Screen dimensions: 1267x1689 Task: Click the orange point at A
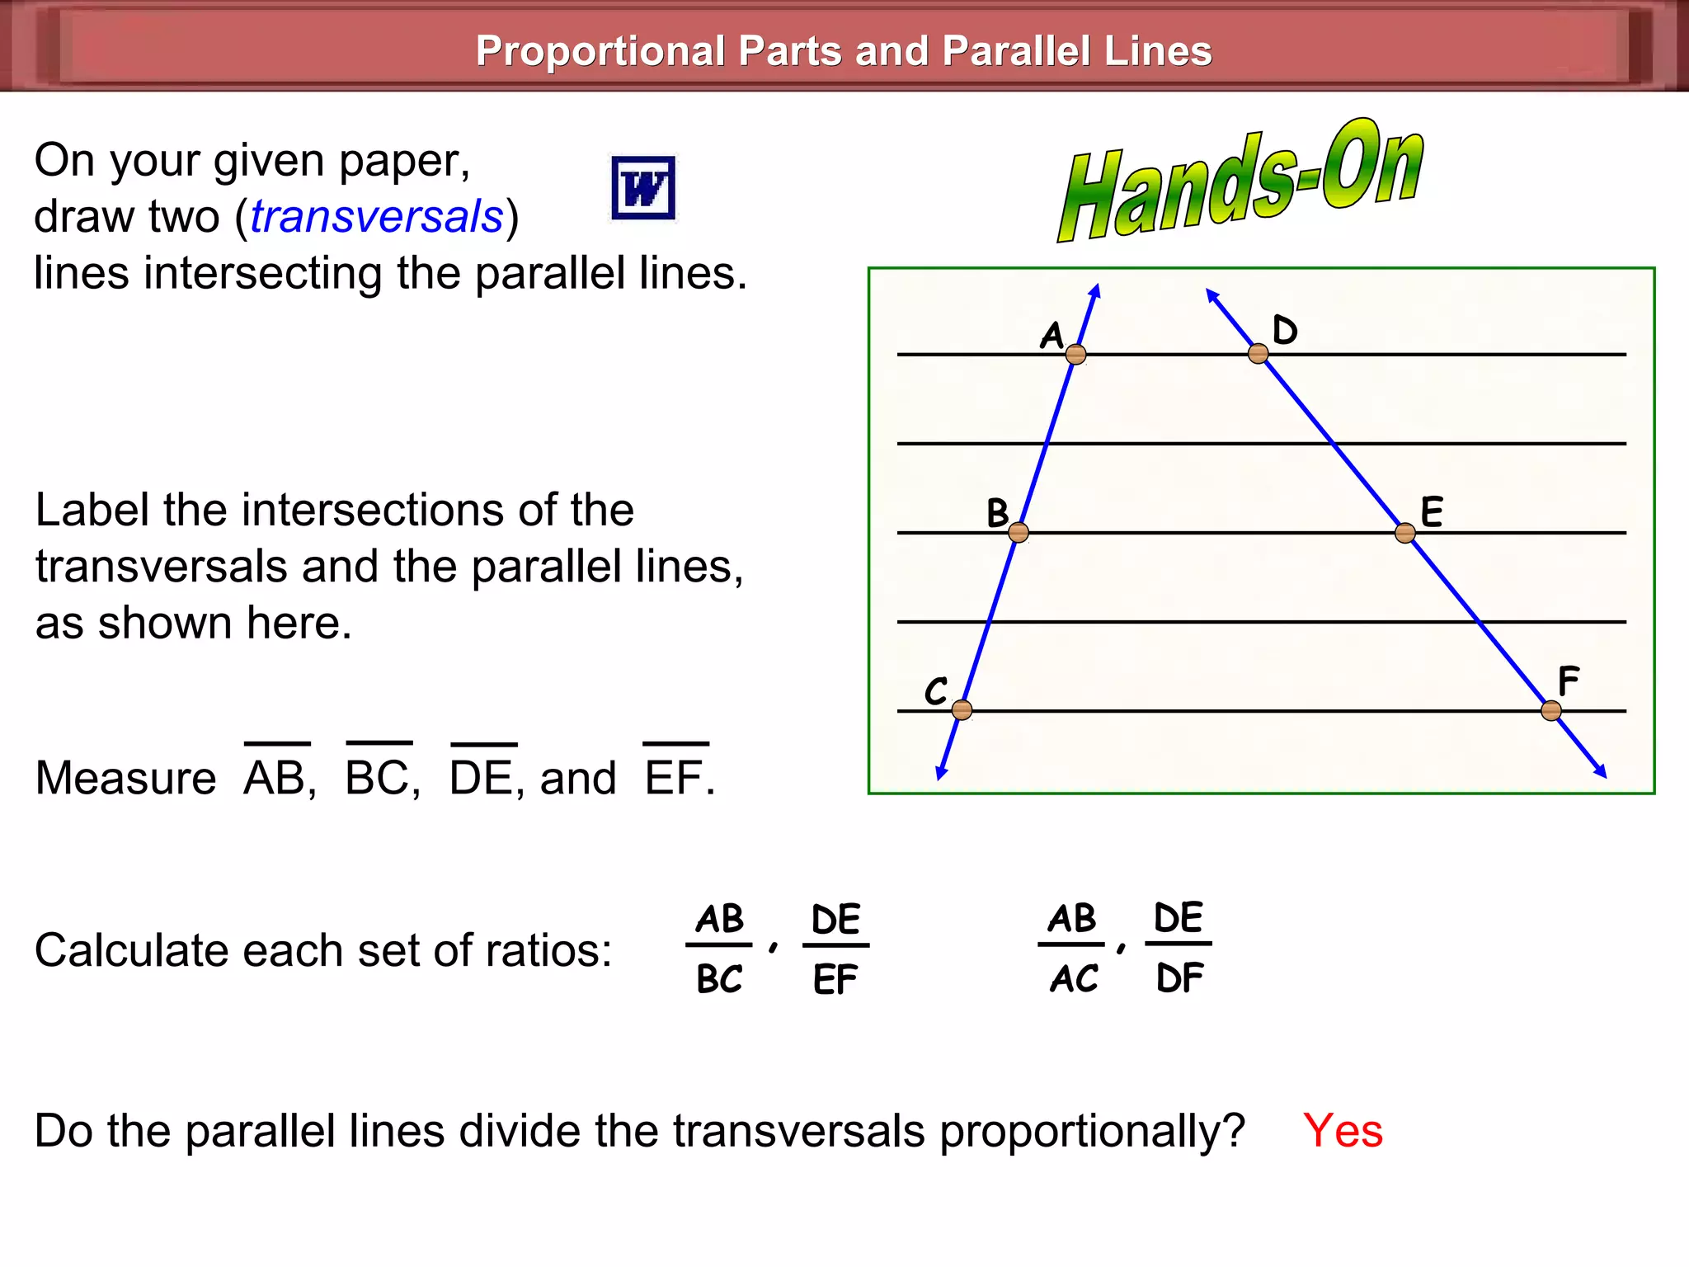coord(1075,355)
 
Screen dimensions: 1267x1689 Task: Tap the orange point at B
coord(1019,533)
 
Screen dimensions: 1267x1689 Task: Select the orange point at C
coord(962,709)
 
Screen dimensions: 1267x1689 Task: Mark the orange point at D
coord(1258,354)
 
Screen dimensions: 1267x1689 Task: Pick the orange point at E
coord(1405,533)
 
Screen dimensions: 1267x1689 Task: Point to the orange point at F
coord(1551,710)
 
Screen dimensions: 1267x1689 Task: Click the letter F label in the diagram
coord(1568,681)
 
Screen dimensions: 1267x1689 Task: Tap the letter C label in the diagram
coord(936,690)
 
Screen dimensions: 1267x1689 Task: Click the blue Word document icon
coord(643,188)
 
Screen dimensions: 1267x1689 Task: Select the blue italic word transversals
coord(377,217)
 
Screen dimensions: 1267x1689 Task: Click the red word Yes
coord(1343,1130)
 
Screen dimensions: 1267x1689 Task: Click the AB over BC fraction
coord(719,948)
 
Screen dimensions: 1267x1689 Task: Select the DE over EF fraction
coord(835,949)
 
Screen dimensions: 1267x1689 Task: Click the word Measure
coord(126,778)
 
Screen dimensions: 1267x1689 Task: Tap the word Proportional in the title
coord(600,51)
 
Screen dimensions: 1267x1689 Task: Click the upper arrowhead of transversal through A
coord(1096,290)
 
